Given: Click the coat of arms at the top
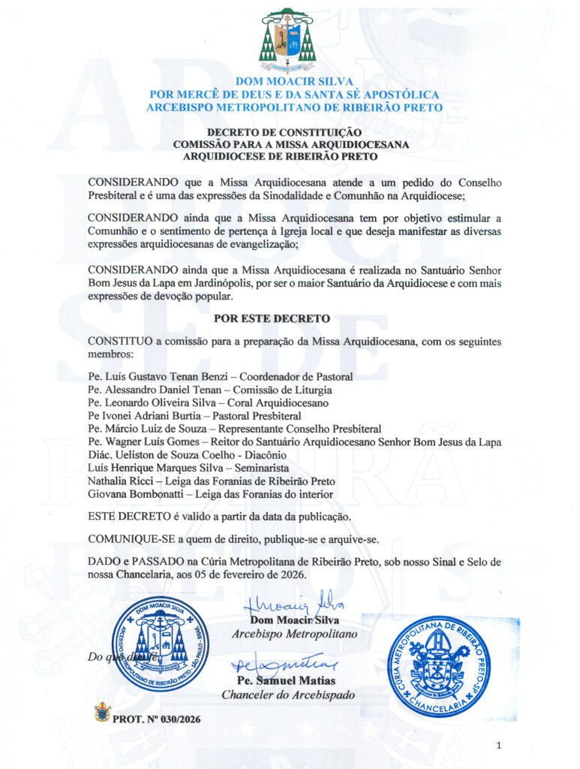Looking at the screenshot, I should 288,39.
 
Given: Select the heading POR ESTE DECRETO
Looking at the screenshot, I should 272,318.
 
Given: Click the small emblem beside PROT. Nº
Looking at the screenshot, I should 102,712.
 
